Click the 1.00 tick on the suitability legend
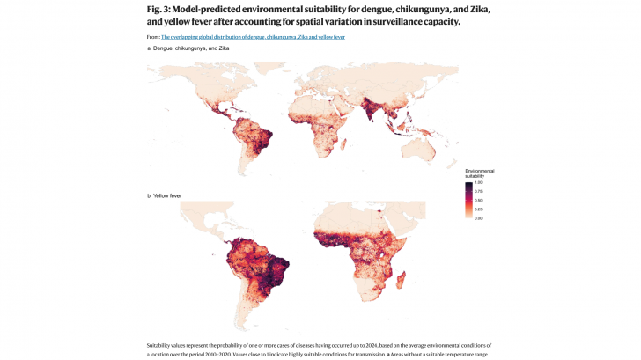(477, 182)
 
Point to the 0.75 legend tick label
(477, 191)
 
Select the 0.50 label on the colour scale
(477, 200)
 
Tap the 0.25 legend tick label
(477, 209)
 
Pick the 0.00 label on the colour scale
(477, 217)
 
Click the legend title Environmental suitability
(480, 173)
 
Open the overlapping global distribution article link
(254, 37)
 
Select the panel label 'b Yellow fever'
(165, 195)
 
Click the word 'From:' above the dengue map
(153, 37)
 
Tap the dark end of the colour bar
(468, 184)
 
